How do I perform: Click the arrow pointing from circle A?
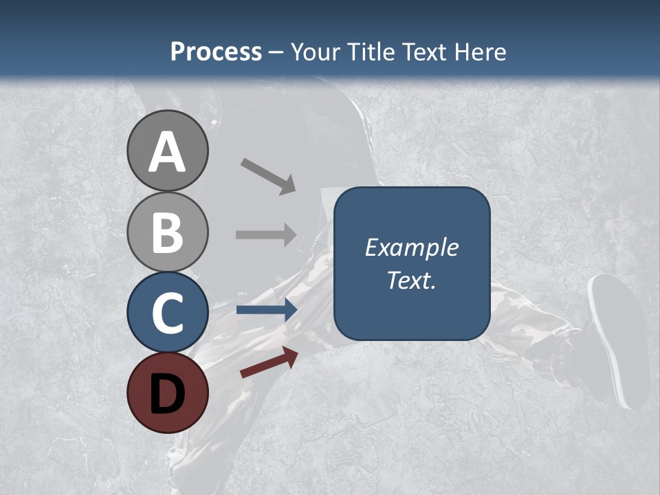pyautogui.click(x=268, y=175)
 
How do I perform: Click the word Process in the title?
pyautogui.click(x=216, y=52)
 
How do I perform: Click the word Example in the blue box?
pyautogui.click(x=411, y=247)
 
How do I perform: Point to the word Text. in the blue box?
pyautogui.click(x=411, y=280)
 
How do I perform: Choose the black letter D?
pyautogui.click(x=167, y=393)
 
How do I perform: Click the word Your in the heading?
pyautogui.click(x=316, y=52)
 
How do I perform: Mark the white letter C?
pyautogui.click(x=167, y=313)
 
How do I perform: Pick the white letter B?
pyautogui.click(x=167, y=232)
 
